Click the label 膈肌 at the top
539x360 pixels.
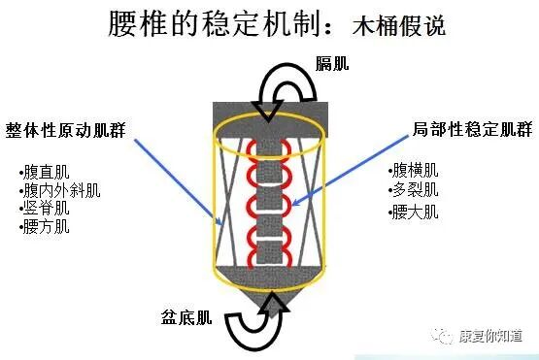(333, 64)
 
